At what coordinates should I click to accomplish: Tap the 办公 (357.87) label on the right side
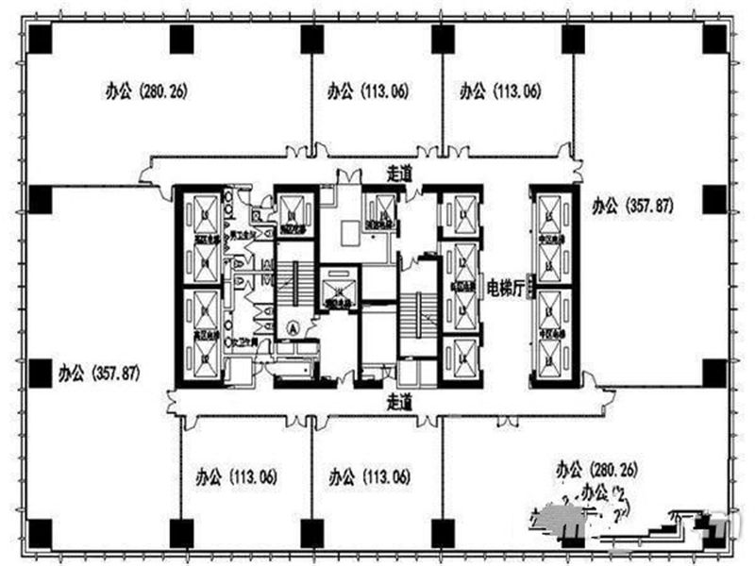click(x=631, y=205)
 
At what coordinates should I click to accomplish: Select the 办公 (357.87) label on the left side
click(x=98, y=372)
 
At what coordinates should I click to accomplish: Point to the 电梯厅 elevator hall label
click(x=505, y=289)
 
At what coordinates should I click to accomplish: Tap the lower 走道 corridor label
click(x=400, y=401)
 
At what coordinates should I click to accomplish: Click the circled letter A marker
click(x=293, y=329)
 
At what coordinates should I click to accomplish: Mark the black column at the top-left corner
click(x=40, y=40)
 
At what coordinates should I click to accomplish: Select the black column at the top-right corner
click(x=714, y=40)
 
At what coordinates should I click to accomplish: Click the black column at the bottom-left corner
click(x=40, y=533)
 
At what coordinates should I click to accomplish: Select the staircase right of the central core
click(x=416, y=311)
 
